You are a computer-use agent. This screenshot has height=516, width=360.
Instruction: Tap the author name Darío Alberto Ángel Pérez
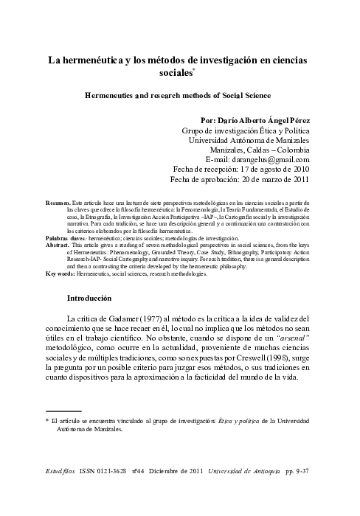(264, 119)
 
